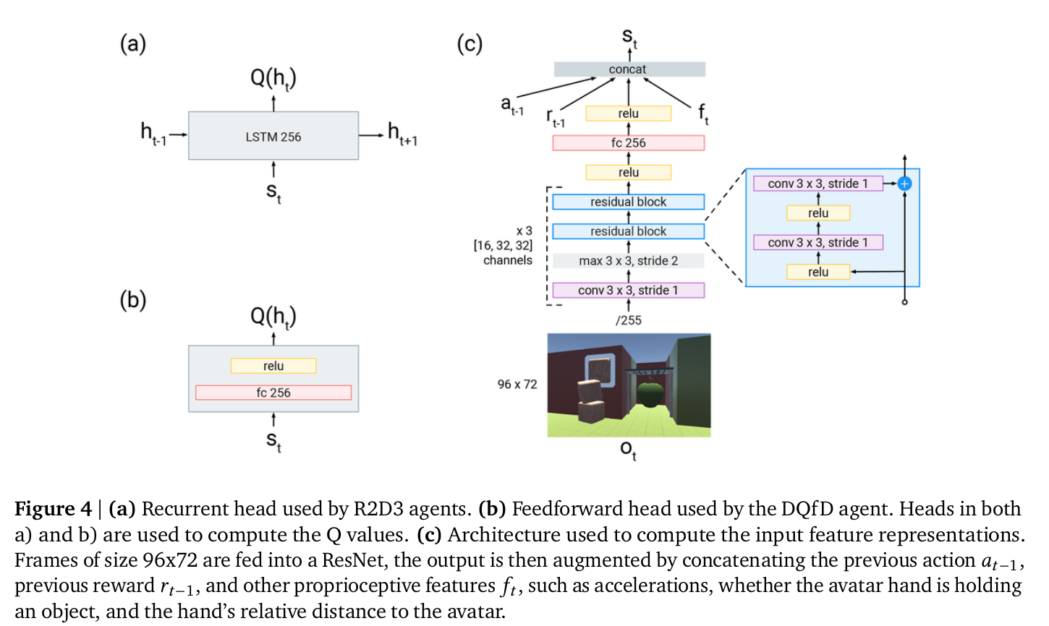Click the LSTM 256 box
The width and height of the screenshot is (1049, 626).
[273, 136]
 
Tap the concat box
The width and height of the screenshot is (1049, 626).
[629, 69]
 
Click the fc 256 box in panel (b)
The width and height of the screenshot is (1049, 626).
[273, 393]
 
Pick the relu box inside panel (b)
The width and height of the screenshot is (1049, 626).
[273, 366]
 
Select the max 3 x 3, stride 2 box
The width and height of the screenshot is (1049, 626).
[628, 261]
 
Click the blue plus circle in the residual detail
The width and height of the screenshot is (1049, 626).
[904, 184]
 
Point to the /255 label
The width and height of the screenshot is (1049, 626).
[628, 320]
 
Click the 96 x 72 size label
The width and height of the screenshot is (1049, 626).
[517, 385]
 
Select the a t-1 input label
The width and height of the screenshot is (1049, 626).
[511, 106]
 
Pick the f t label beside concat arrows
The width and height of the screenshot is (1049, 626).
[702, 113]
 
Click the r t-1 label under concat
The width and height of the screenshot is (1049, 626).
[555, 119]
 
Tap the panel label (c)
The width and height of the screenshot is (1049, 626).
[469, 44]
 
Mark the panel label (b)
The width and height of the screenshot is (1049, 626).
[132, 299]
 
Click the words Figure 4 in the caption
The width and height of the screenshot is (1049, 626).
[53, 509]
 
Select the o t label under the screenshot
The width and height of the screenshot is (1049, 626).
[628, 450]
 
